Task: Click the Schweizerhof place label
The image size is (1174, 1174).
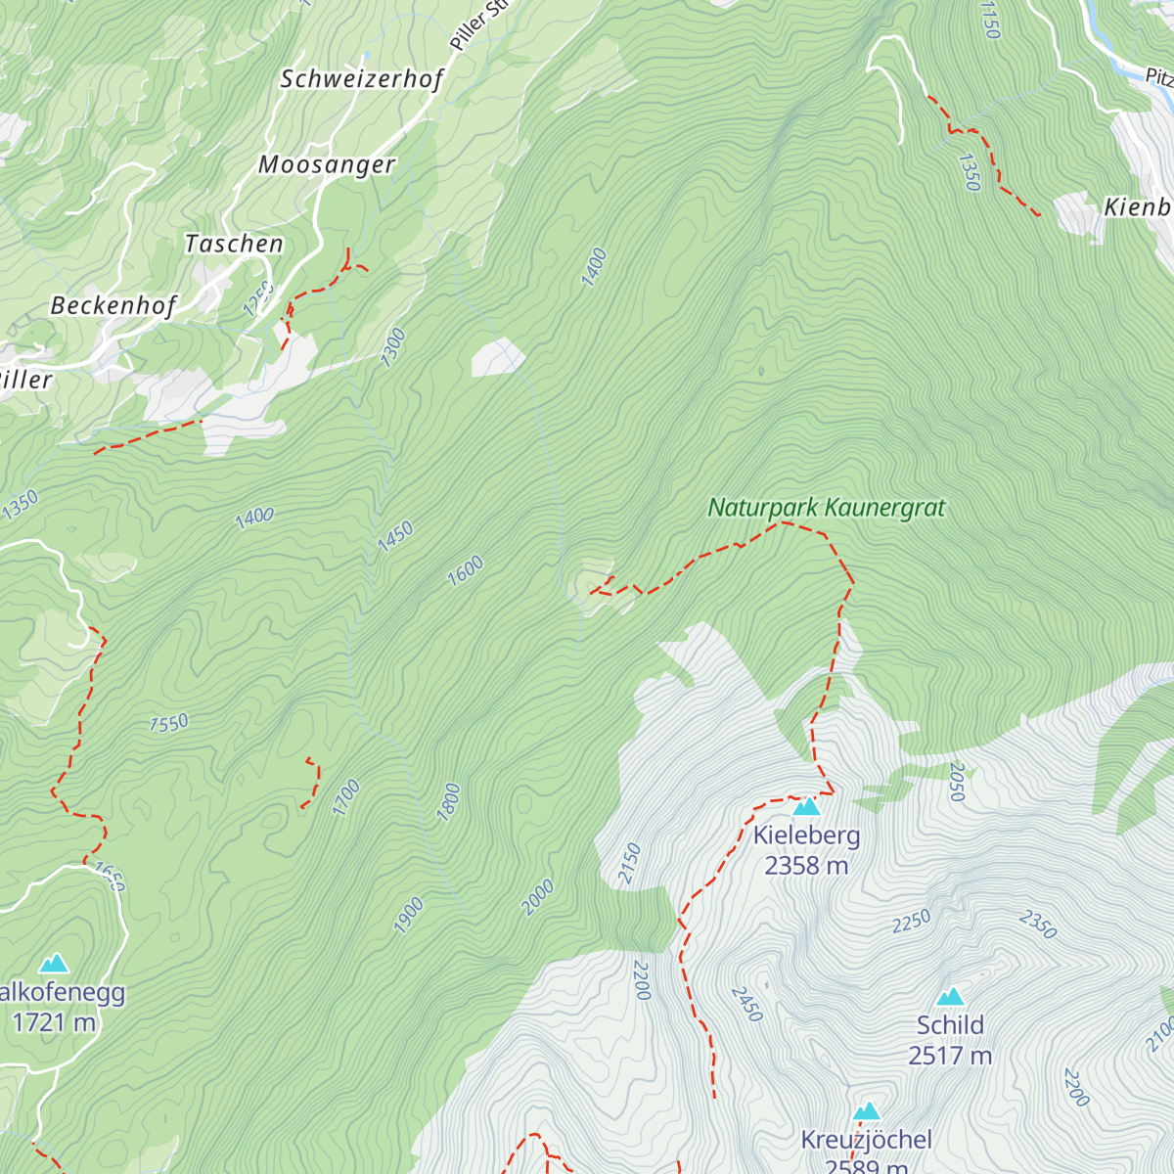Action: coord(362,79)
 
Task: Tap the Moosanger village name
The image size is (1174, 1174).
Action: coord(327,164)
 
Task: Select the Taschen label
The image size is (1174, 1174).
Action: coord(234,244)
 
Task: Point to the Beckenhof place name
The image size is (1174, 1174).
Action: coord(113,305)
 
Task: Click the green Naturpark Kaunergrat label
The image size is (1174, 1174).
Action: coord(827,508)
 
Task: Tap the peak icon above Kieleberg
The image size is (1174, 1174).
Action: coord(806,806)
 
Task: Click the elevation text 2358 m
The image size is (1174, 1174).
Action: coord(806,866)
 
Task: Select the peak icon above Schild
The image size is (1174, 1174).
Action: coord(950,997)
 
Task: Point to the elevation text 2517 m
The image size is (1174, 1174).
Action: coord(950,1056)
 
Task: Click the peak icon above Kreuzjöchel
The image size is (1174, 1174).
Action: coord(866,1111)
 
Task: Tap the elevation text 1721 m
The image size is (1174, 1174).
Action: coord(54,1023)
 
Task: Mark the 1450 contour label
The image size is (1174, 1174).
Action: coord(396,536)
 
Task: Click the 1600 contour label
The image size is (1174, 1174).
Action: coord(466,570)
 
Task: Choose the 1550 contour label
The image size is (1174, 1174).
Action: coord(168,723)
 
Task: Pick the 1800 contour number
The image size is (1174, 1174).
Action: coord(447,802)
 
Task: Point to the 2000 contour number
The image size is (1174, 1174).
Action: coord(538,897)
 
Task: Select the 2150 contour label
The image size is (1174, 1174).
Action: coord(630,863)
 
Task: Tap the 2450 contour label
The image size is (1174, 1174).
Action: coord(745,1004)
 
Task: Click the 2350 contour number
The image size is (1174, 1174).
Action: coord(1038,925)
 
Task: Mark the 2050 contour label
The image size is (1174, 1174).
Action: coord(957,782)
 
